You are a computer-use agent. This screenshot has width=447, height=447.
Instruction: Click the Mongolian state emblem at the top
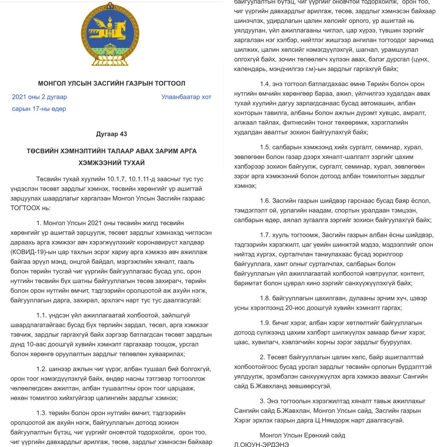click(x=110, y=34)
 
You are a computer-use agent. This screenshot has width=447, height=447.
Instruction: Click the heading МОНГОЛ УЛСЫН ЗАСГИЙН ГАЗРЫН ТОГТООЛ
click(x=112, y=83)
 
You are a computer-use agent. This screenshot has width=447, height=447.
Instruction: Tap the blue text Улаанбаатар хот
click(x=186, y=97)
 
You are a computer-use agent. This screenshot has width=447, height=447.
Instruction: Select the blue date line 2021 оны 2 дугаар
click(x=39, y=97)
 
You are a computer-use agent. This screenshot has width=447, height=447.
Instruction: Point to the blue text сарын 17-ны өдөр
click(x=39, y=109)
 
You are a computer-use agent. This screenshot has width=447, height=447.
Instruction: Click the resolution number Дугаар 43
click(x=111, y=134)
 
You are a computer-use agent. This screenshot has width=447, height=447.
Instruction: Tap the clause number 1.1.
click(x=42, y=316)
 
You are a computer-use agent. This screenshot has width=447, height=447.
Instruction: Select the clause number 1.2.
click(x=42, y=369)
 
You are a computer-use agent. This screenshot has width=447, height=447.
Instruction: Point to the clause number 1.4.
click(x=265, y=84)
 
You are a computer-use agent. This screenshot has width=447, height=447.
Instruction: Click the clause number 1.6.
click(x=265, y=201)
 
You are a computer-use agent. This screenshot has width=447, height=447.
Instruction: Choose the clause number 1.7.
click(x=265, y=235)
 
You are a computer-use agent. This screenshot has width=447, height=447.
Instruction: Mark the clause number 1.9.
click(x=265, y=323)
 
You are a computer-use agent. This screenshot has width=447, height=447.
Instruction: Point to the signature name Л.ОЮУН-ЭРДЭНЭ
click(x=261, y=444)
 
